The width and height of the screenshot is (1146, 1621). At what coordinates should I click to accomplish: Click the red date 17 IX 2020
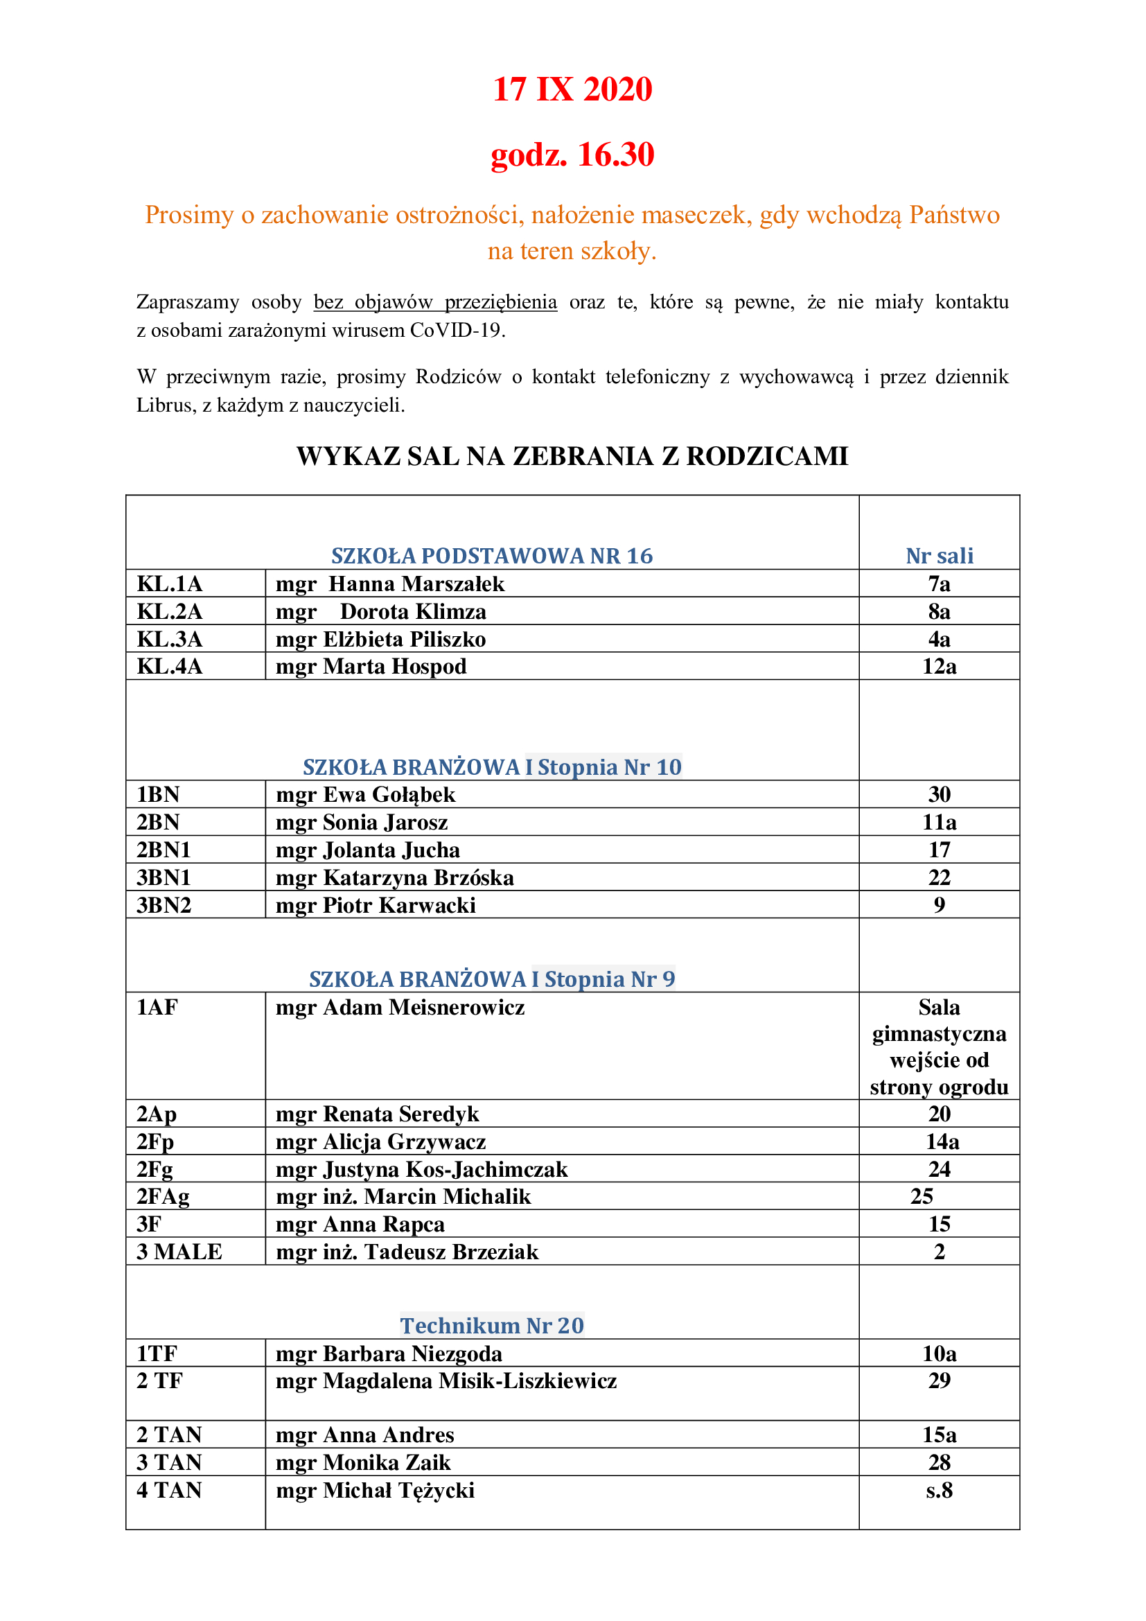(x=572, y=89)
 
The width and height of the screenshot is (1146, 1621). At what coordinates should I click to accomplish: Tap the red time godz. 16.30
(x=572, y=155)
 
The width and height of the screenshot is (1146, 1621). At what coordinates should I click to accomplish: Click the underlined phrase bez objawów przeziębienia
(x=434, y=302)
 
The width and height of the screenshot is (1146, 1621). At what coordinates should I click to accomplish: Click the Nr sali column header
(x=939, y=556)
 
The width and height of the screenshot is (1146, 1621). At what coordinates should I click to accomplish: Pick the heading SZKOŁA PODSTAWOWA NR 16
(x=492, y=556)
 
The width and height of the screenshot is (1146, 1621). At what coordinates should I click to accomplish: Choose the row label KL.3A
(x=169, y=639)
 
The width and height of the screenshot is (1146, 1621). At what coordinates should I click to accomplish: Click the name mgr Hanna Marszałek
(x=389, y=584)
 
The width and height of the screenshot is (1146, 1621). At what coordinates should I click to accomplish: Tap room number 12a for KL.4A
(x=939, y=667)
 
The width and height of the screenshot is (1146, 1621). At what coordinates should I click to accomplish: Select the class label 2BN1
(x=164, y=850)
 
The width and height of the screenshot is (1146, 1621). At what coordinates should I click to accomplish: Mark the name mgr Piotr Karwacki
(x=376, y=905)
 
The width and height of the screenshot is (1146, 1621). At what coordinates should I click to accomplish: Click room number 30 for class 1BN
(x=939, y=794)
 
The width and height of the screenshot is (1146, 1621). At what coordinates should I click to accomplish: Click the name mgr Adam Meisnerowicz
(x=400, y=1008)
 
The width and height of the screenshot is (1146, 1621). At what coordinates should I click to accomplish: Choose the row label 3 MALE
(x=179, y=1252)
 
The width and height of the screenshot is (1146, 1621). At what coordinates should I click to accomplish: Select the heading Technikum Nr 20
(x=492, y=1325)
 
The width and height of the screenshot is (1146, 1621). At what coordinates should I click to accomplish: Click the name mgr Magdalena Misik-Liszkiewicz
(x=446, y=1381)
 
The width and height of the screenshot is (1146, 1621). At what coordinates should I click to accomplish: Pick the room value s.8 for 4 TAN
(x=939, y=1491)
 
